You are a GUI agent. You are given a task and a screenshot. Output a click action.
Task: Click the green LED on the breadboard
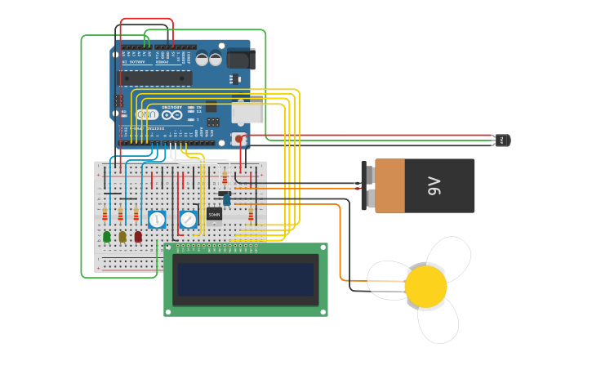click(106, 236)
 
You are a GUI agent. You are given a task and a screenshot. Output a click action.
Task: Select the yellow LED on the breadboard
click(122, 236)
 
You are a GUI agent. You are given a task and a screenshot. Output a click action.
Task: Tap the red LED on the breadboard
click(138, 236)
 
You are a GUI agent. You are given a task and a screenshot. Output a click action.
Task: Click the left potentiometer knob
click(157, 219)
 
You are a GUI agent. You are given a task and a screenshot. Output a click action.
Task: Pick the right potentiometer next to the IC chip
click(189, 219)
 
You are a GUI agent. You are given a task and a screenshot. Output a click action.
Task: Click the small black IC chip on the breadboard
click(214, 214)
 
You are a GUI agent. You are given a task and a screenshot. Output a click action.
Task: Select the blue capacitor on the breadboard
click(227, 200)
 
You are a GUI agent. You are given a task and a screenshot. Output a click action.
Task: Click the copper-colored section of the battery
click(389, 185)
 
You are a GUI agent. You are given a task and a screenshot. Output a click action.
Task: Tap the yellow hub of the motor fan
click(425, 287)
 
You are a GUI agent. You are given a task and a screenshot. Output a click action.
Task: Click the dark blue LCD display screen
click(246, 279)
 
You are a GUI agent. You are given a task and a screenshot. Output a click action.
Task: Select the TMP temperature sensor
click(502, 140)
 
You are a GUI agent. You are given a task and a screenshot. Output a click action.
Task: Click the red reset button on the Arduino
click(239, 139)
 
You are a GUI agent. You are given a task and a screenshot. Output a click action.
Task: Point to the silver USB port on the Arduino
click(248, 112)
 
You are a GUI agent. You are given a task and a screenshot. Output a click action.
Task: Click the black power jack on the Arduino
click(241, 59)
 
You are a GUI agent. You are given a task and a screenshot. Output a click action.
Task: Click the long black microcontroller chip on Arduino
click(156, 78)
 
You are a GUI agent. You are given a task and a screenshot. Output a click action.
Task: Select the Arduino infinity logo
click(172, 115)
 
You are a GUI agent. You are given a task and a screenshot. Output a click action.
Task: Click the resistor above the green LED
click(105, 215)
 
